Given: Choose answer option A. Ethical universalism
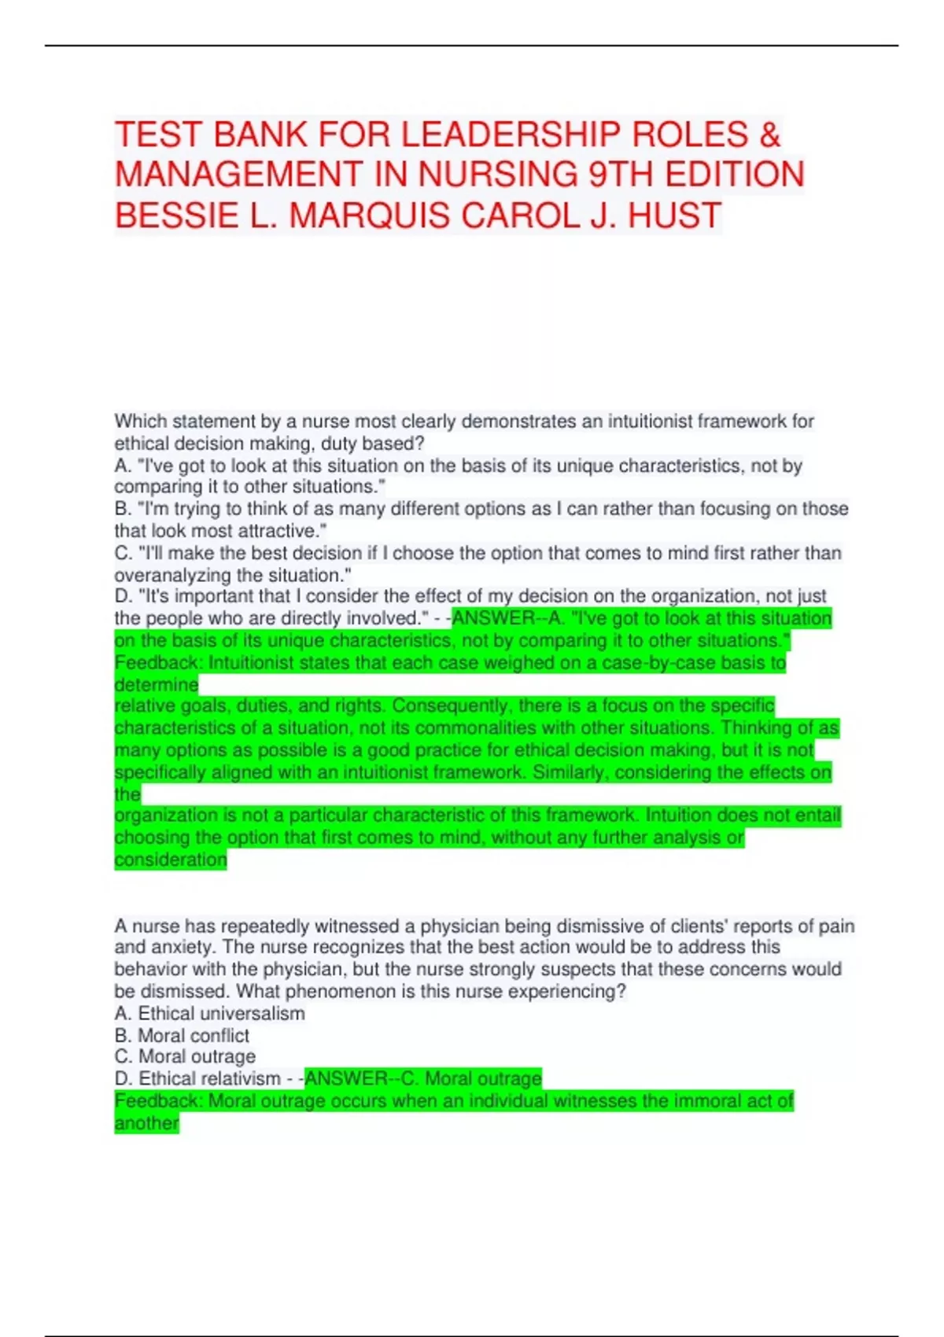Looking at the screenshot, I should tap(210, 1013).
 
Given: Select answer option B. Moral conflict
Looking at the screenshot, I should tap(182, 1035).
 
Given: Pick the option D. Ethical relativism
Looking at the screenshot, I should tap(197, 1078).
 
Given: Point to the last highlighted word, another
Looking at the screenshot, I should tap(146, 1123).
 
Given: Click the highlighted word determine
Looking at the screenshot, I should tap(156, 684).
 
